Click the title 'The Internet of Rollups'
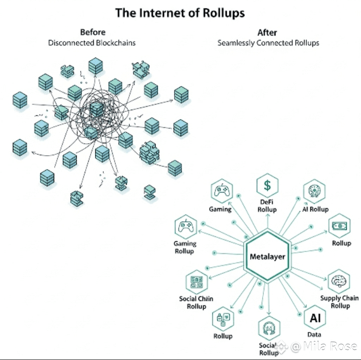pyautogui.click(x=180, y=13)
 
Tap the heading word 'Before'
pyautogui.click(x=93, y=32)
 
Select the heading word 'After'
pyautogui.click(x=267, y=33)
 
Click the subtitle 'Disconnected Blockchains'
pyautogui.click(x=92, y=43)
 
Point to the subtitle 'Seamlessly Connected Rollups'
pyautogui.click(x=268, y=43)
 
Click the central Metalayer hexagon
pyautogui.click(x=268, y=256)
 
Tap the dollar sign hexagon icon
pyautogui.click(x=267, y=185)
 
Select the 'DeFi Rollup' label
pyautogui.click(x=267, y=206)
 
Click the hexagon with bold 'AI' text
pyautogui.click(x=315, y=318)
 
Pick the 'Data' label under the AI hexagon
pyautogui.click(x=314, y=334)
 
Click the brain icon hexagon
pyautogui.click(x=338, y=281)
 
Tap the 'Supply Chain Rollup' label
pyautogui.click(x=339, y=302)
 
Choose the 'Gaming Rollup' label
pyautogui.click(x=185, y=247)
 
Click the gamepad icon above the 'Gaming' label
pyautogui.click(x=222, y=191)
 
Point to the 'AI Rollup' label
pyautogui.click(x=315, y=209)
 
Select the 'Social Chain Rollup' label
pyautogui.click(x=196, y=302)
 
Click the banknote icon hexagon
pyautogui.click(x=339, y=226)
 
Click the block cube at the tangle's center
pyautogui.click(x=96, y=110)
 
